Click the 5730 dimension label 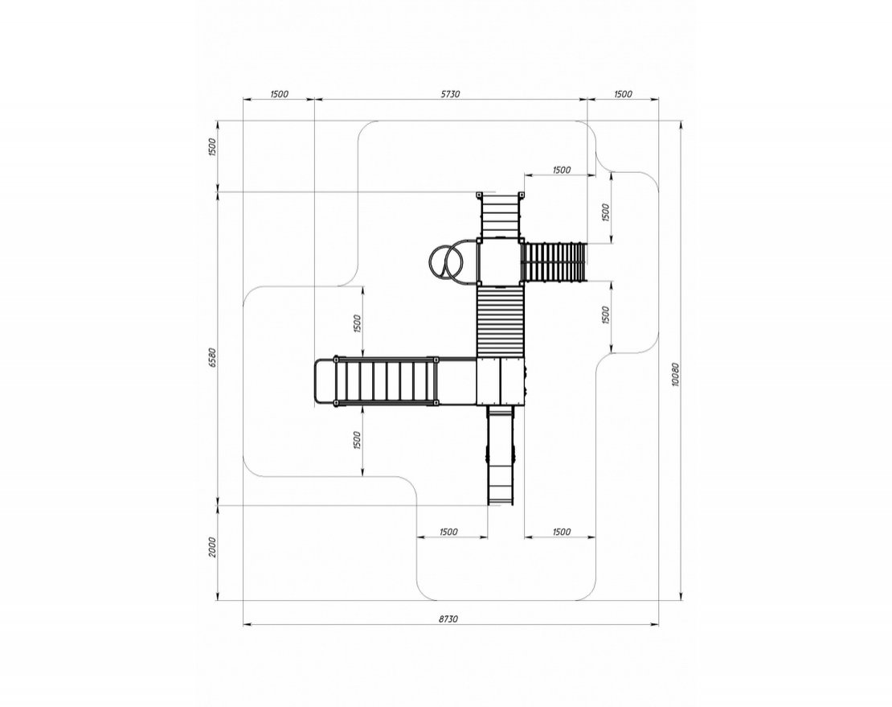[450, 94]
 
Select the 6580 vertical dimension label [213, 357]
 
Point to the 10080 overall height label [675, 375]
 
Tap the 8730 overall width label [448, 619]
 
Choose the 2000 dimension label [213, 546]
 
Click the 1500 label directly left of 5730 [279, 94]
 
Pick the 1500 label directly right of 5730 [623, 94]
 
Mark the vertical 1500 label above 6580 [213, 147]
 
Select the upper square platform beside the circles [500, 262]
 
